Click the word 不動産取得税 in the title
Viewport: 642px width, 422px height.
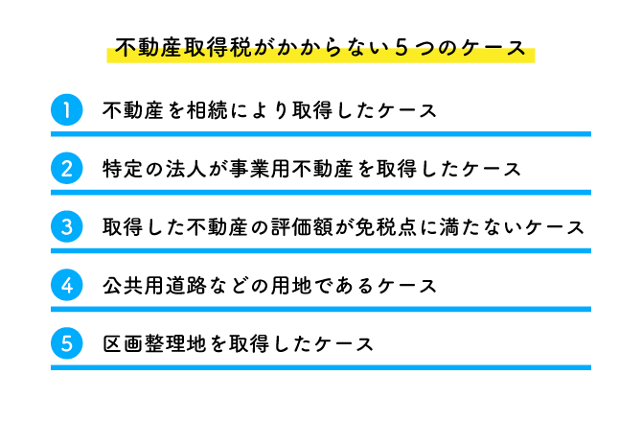179,49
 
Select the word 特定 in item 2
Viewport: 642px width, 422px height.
122,170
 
